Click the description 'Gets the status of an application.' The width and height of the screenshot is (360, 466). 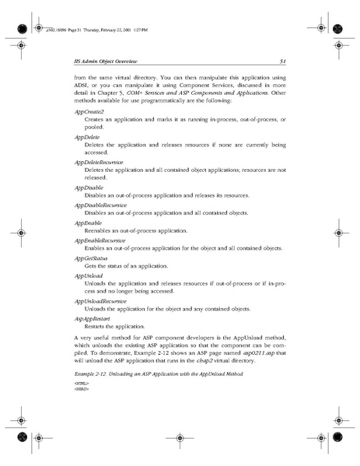(x=124, y=265)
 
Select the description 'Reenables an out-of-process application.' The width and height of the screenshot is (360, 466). (x=135, y=231)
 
